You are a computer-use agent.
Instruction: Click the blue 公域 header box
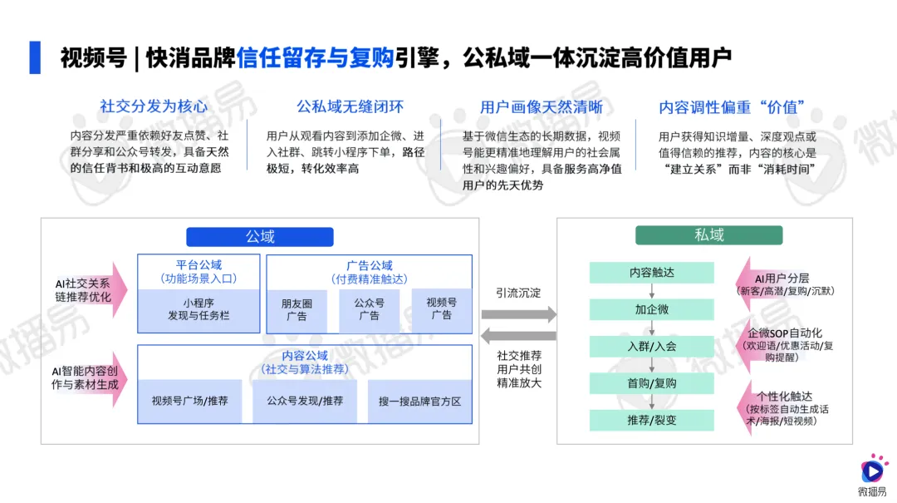[x=260, y=236]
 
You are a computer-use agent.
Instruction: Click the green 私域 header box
[x=708, y=235]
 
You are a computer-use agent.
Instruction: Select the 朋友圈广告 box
[x=296, y=309]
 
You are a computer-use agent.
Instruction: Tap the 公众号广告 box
[x=369, y=309]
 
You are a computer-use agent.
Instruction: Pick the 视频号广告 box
[x=441, y=309]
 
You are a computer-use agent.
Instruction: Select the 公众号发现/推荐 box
[x=304, y=401]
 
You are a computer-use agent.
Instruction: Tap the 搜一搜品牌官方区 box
[x=419, y=401]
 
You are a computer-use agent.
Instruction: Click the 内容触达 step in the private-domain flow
[x=652, y=273]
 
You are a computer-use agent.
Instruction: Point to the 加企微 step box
[x=652, y=309]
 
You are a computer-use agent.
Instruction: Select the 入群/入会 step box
[x=652, y=346]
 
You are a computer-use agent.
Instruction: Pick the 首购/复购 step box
[x=652, y=382]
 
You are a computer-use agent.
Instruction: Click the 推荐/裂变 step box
[x=652, y=420]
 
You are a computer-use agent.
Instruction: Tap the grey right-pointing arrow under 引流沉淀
[x=519, y=314]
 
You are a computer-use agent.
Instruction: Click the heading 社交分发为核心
[x=154, y=106]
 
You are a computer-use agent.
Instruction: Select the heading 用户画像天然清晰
[x=541, y=107]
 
